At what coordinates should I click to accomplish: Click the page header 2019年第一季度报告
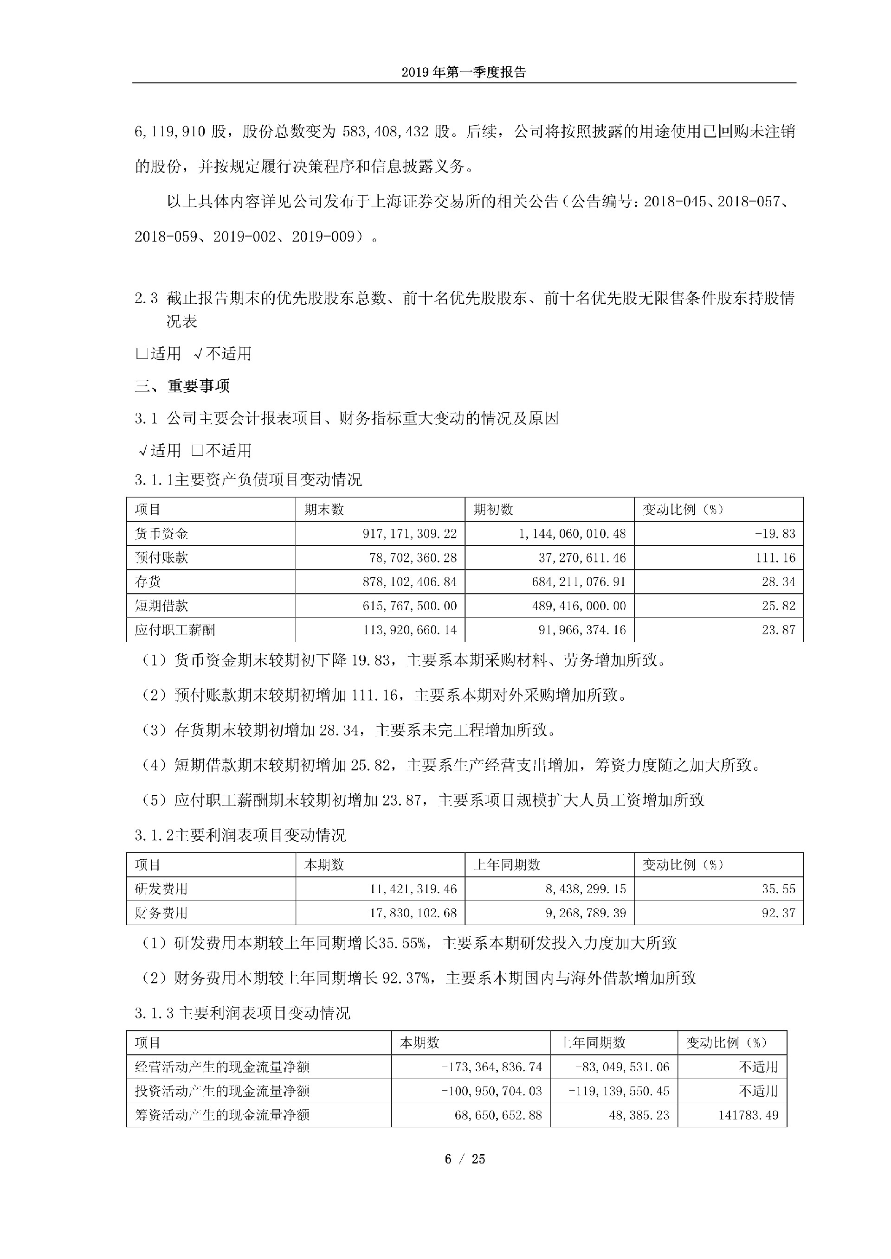click(464, 72)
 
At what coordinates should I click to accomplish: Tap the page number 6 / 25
click(464, 1159)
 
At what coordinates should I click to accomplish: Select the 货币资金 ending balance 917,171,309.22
click(409, 534)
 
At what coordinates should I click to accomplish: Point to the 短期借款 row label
click(161, 606)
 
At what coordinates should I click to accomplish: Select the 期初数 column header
click(493, 510)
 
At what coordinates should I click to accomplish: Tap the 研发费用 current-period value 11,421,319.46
click(413, 889)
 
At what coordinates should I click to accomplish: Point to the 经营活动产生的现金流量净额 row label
click(222, 1067)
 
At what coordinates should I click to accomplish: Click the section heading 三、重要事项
click(182, 386)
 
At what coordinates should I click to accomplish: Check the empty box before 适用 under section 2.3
click(142, 354)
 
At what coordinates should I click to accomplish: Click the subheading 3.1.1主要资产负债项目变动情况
click(248, 480)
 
